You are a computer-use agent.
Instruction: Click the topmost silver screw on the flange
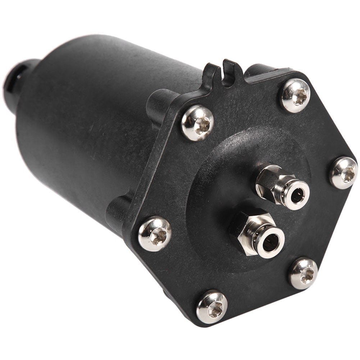click(295, 95)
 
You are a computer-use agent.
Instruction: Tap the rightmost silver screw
click(343, 173)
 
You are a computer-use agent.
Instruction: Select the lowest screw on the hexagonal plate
click(212, 306)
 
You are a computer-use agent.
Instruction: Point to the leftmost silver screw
click(155, 233)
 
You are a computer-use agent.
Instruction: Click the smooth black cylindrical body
click(90, 119)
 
